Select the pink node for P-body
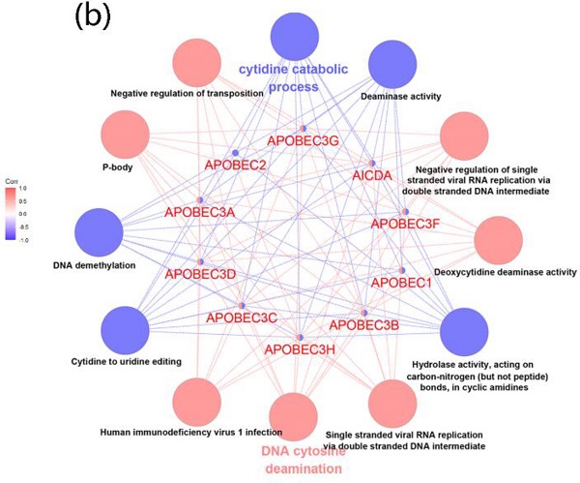127,136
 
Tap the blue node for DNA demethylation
99,232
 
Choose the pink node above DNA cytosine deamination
298,419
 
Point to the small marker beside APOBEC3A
200,200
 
